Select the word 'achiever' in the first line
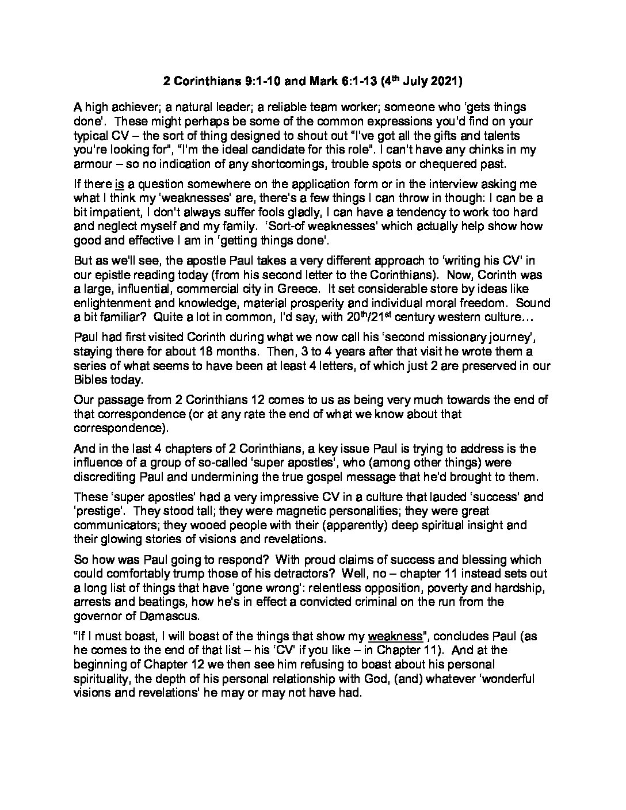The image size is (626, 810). (132, 108)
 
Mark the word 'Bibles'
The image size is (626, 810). (91, 379)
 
